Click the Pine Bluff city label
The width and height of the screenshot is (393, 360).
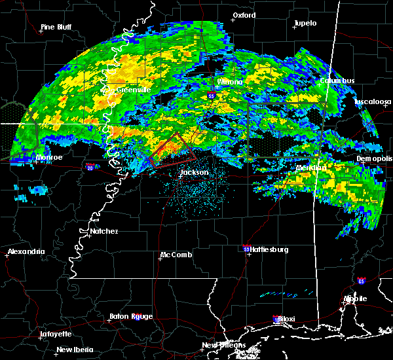click(x=56, y=27)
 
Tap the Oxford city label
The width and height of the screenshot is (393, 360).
click(x=244, y=14)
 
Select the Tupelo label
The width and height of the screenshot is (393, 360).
click(x=305, y=23)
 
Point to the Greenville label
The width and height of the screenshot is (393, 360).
click(x=134, y=90)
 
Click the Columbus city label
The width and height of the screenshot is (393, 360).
click(x=337, y=81)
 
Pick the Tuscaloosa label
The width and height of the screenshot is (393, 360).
click(x=373, y=101)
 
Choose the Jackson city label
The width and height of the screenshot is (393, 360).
click(x=195, y=173)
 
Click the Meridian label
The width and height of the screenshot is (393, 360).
click(x=310, y=168)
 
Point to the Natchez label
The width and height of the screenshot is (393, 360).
click(x=104, y=231)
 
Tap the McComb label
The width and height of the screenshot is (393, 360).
click(x=176, y=255)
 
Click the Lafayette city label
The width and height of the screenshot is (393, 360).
click(x=55, y=333)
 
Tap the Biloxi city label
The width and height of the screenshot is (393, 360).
click(x=286, y=319)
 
